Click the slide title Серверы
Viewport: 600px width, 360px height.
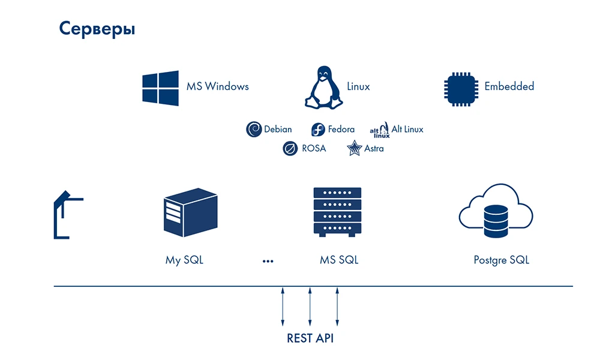coord(97,29)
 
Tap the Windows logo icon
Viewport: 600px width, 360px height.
coord(160,88)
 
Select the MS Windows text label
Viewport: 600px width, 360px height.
coord(217,86)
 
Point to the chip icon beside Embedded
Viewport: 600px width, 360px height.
coord(461,89)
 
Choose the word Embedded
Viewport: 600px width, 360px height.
coord(509,86)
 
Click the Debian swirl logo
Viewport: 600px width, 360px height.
coord(254,129)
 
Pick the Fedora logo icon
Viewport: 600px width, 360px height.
coord(318,130)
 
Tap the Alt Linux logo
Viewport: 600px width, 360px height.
coord(379,130)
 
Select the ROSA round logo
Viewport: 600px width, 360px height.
coord(290,148)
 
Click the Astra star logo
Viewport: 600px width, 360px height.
coord(355,148)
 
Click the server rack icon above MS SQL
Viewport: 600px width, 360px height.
coord(337,212)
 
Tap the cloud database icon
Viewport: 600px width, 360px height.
coord(496,211)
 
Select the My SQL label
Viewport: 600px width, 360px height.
coord(184,260)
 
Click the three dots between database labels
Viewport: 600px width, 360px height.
coord(268,261)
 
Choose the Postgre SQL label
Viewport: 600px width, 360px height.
coord(501,260)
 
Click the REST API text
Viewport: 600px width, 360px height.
coord(310,338)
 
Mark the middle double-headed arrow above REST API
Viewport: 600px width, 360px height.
coord(310,307)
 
